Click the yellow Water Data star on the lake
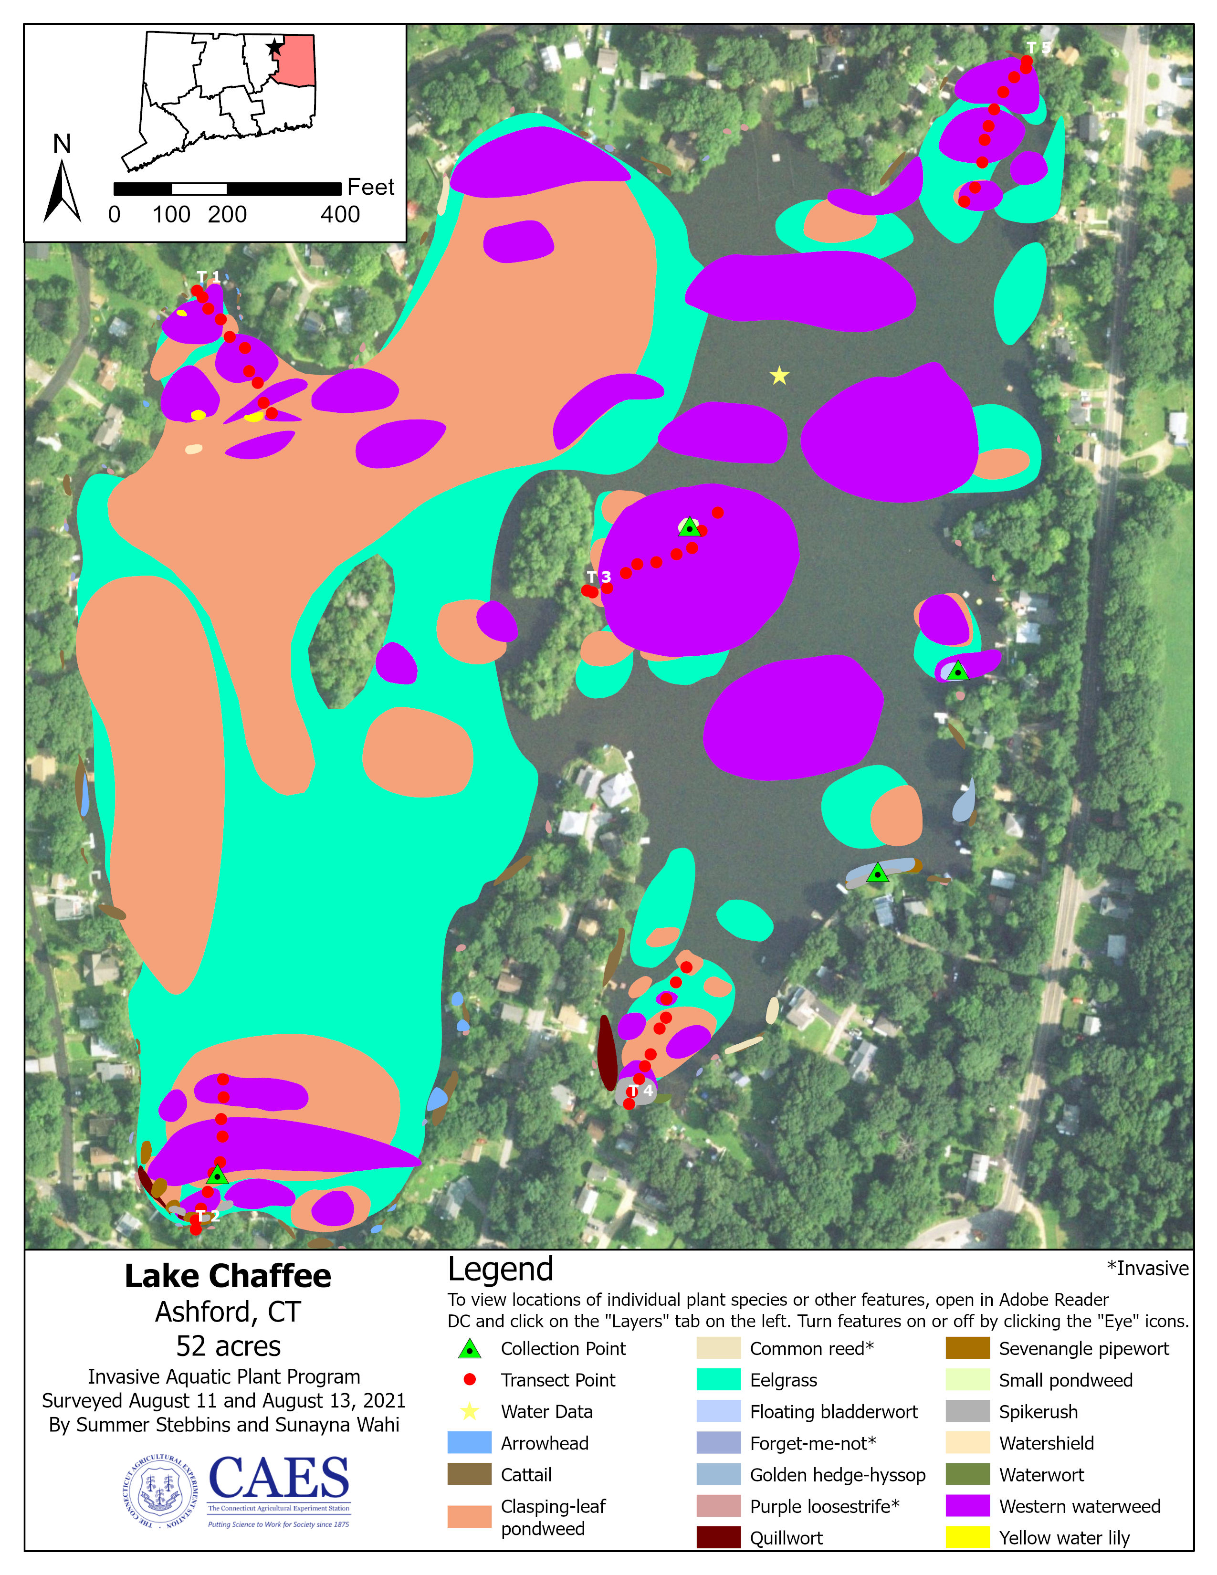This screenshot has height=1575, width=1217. [779, 376]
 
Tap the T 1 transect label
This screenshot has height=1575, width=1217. [209, 277]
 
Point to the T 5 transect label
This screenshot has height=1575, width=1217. [1038, 48]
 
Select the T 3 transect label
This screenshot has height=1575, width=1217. [598, 577]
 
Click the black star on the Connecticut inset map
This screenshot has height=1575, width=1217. [274, 48]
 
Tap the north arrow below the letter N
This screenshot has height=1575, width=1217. [62, 191]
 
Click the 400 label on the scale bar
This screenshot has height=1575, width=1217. [340, 214]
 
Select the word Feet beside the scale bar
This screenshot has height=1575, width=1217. [370, 187]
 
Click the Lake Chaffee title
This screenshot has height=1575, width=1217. [228, 1276]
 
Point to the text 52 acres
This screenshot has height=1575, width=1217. [228, 1346]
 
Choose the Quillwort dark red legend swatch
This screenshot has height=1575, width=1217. [718, 1537]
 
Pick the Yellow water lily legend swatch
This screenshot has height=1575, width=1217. [967, 1537]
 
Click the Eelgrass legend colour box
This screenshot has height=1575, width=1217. [718, 1380]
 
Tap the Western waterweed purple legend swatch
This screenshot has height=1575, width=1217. [967, 1506]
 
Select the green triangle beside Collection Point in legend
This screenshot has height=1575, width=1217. [469, 1349]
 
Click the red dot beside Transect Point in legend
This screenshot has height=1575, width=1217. [469, 1380]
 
